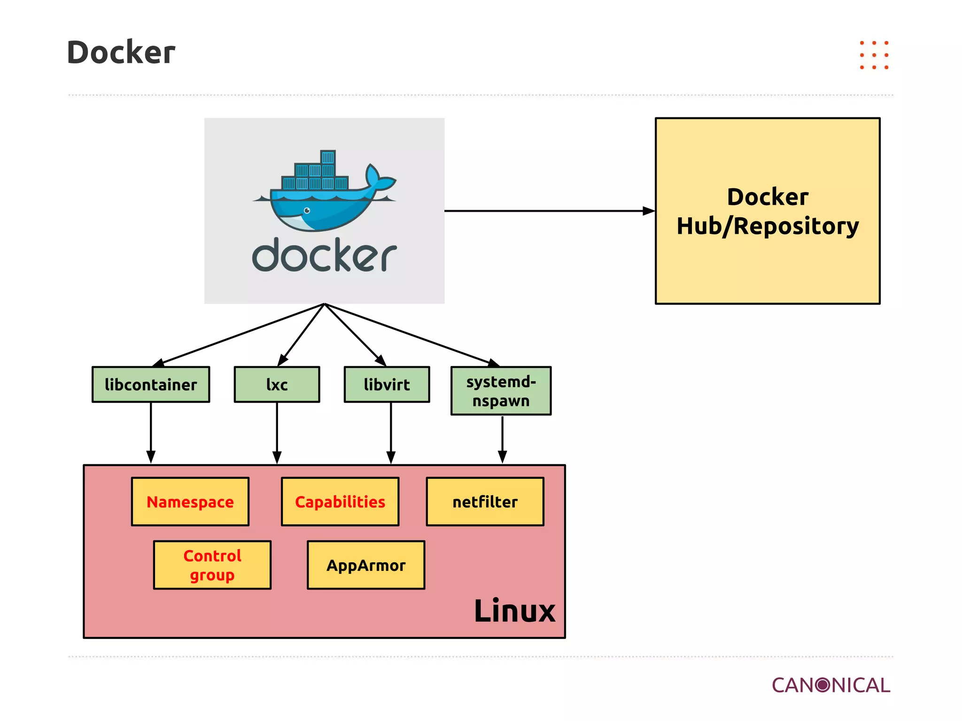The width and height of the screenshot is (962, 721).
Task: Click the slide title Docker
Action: (x=121, y=52)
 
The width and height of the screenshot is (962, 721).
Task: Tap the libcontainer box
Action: (x=151, y=384)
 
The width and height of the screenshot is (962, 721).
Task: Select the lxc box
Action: (x=277, y=384)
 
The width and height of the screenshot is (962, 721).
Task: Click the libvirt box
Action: (x=387, y=384)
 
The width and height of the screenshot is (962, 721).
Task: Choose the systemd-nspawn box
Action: (x=501, y=391)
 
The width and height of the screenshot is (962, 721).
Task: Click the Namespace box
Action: (x=190, y=502)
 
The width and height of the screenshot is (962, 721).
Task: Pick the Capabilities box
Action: (x=340, y=502)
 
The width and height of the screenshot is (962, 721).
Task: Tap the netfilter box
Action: (x=485, y=502)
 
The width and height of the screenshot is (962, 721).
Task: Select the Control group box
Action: (x=212, y=565)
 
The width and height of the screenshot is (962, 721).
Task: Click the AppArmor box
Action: (x=366, y=565)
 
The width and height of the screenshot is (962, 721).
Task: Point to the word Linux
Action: (x=514, y=611)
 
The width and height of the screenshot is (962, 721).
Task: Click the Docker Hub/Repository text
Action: (x=768, y=211)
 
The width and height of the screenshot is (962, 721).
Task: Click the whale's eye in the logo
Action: (x=307, y=210)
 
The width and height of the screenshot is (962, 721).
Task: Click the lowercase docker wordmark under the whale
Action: (x=324, y=256)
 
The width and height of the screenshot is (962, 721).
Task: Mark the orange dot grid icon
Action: (x=874, y=55)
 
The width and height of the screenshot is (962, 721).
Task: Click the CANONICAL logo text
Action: (x=830, y=685)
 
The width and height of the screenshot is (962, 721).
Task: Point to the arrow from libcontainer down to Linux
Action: (x=151, y=432)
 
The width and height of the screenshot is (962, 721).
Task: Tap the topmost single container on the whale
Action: (x=327, y=157)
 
